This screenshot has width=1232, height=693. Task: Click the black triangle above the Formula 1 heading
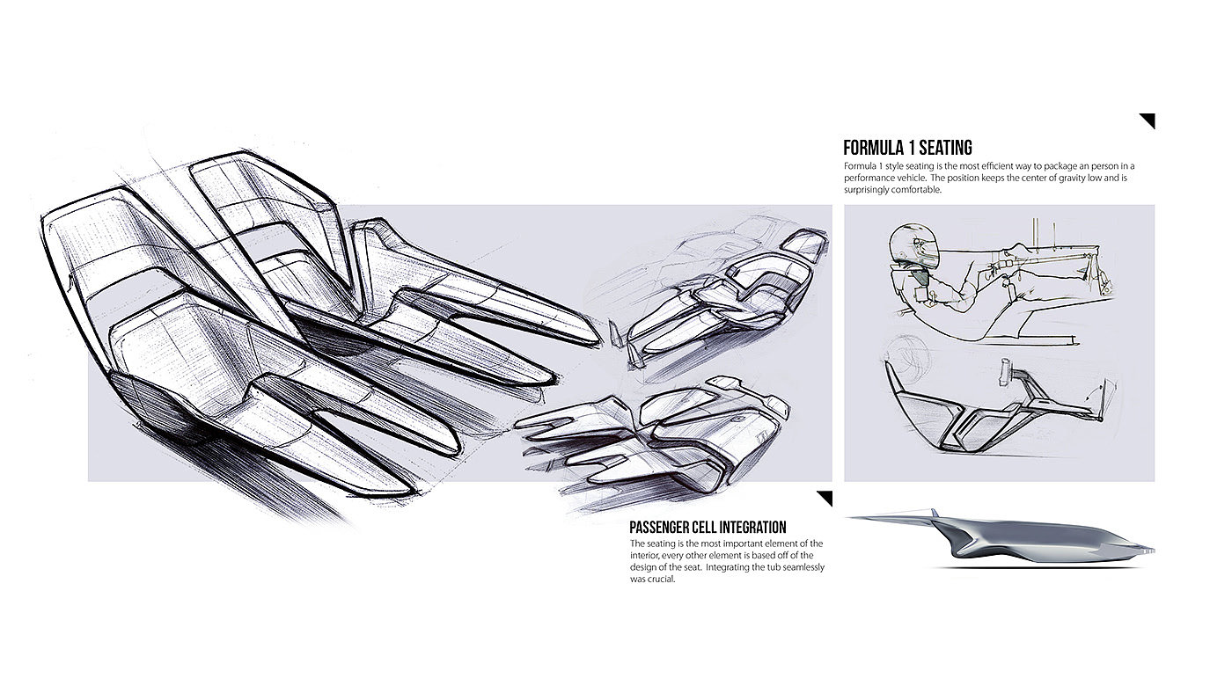(1148, 120)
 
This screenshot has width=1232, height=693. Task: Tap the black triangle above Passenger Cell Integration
(825, 498)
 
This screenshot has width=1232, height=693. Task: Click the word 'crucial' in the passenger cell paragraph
(661, 580)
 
